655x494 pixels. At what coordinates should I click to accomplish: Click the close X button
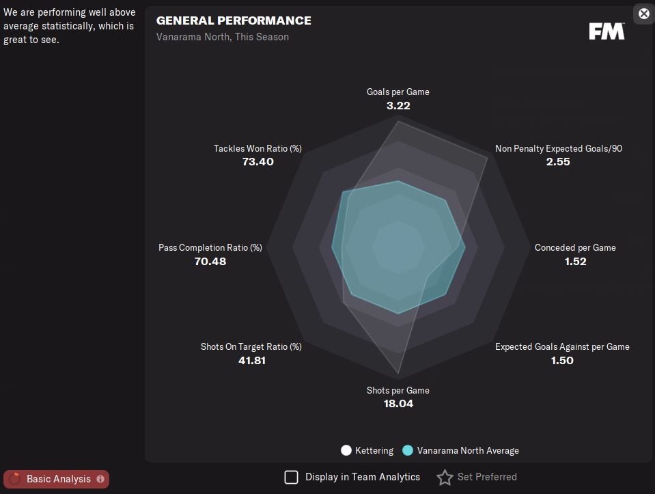click(x=644, y=14)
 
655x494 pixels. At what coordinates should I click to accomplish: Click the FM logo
click(x=607, y=31)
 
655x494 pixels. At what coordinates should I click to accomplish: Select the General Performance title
click(x=234, y=20)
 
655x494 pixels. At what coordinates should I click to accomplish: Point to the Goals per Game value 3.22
click(x=398, y=106)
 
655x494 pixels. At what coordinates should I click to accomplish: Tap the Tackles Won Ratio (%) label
click(x=257, y=148)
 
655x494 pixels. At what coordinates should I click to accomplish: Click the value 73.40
click(x=257, y=162)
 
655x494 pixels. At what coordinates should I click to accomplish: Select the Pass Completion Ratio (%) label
click(x=210, y=247)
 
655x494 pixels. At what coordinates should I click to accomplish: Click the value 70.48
click(x=210, y=262)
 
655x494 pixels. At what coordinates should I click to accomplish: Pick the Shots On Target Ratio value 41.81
click(x=251, y=361)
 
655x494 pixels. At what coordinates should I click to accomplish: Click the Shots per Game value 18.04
click(x=398, y=404)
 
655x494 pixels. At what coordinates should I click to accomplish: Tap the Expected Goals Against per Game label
click(x=562, y=346)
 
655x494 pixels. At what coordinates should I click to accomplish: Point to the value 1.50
click(x=562, y=361)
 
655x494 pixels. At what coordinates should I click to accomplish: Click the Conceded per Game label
click(x=575, y=247)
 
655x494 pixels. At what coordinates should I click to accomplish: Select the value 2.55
click(x=558, y=162)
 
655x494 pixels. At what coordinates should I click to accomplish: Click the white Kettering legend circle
click(x=346, y=450)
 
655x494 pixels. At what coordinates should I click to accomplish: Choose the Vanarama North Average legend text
click(x=468, y=450)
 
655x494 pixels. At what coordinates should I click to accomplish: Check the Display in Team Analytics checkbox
click(x=292, y=477)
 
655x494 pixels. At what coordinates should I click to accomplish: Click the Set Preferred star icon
click(x=445, y=477)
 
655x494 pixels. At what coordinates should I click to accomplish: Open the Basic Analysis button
click(x=57, y=479)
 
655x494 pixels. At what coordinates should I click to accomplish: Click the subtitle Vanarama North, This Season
click(x=223, y=37)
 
